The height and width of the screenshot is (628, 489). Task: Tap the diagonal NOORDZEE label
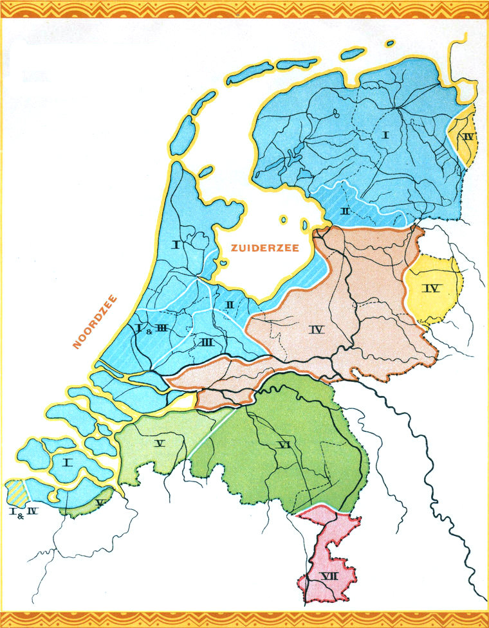95,321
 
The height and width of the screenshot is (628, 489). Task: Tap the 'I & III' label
152,329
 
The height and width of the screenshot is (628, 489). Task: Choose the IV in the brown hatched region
315,330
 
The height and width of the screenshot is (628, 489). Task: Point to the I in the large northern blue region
386,135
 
